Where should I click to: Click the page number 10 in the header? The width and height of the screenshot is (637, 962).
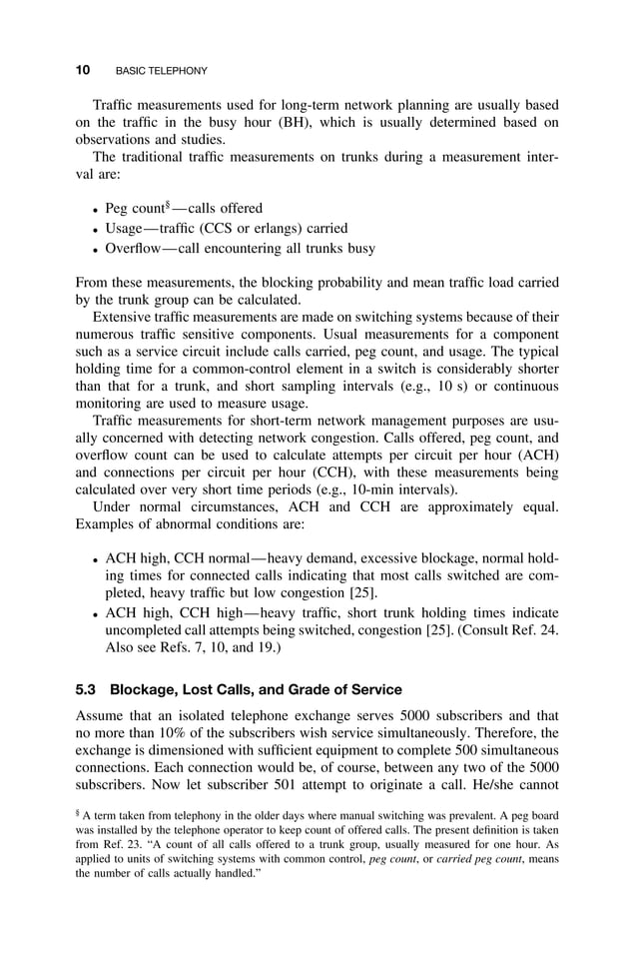[x=83, y=71]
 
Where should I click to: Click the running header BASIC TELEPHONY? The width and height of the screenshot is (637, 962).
[x=162, y=72]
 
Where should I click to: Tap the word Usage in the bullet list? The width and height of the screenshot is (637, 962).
[x=127, y=229]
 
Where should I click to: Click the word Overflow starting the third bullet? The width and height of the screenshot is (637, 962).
[x=137, y=249]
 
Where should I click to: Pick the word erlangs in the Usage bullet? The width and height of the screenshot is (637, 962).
[x=281, y=229]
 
